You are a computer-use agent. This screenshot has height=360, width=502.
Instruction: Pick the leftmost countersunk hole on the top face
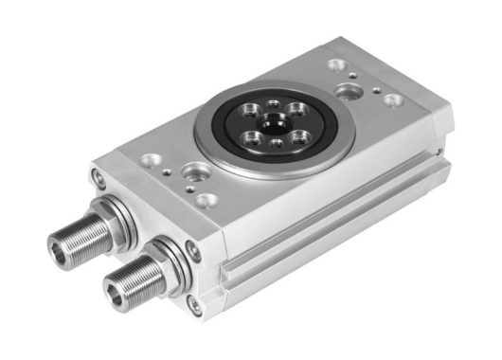pyautogui.click(x=149, y=160)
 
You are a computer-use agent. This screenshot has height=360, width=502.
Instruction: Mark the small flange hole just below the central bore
pyautogui.click(x=276, y=143)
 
